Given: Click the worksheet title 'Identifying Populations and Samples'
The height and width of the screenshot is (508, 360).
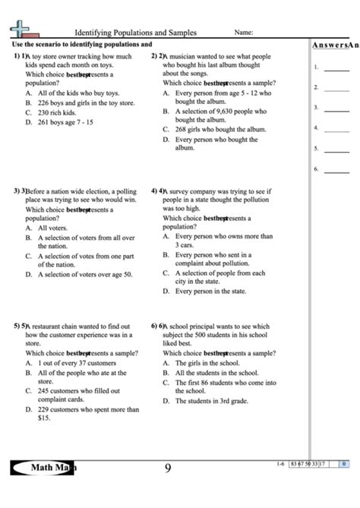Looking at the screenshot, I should pyautogui.click(x=135, y=33).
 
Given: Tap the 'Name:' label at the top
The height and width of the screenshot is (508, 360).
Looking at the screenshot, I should pyautogui.click(x=243, y=33).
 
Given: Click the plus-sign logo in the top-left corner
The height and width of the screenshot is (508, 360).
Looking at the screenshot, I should pyautogui.click(x=23, y=30).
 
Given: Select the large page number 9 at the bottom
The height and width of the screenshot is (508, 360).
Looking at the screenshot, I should pyautogui.click(x=168, y=469).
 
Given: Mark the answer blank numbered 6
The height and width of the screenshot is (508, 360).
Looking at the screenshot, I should pyautogui.click(x=336, y=169).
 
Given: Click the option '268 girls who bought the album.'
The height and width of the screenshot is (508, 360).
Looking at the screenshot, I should pyautogui.click(x=220, y=129).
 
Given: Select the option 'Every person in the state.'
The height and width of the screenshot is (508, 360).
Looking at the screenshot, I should pyautogui.click(x=210, y=291).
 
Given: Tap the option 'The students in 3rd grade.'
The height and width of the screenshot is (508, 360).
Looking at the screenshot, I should pyautogui.click(x=212, y=401).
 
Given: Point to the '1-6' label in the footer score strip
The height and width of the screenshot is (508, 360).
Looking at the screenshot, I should pyautogui.click(x=282, y=462).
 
